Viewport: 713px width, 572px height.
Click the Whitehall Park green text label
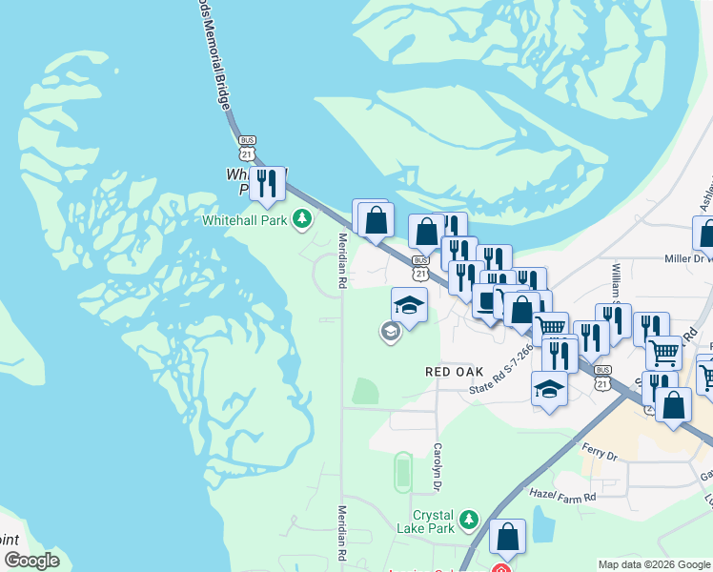tap(244, 219)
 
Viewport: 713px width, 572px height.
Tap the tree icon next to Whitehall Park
tap(302, 220)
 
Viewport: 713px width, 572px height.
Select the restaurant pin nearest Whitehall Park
tap(267, 182)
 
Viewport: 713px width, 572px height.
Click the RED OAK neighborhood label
tap(455, 371)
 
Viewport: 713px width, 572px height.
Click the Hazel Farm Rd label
tap(562, 497)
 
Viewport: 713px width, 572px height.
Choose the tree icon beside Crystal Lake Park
tap(468, 520)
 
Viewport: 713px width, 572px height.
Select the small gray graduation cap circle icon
tap(390, 332)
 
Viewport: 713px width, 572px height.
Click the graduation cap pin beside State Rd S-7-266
tap(549, 389)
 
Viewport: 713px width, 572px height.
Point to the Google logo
tap(31, 561)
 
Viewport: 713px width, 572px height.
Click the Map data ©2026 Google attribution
tap(654, 564)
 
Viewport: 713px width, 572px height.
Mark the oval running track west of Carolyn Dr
tap(402, 471)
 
